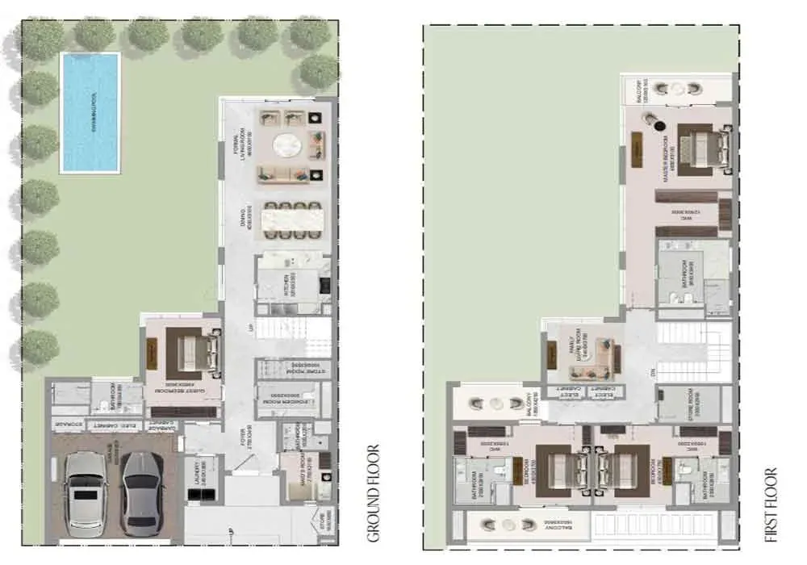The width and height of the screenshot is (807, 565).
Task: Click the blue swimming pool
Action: [x=90, y=112]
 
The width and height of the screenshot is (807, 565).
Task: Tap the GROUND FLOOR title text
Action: [x=374, y=493]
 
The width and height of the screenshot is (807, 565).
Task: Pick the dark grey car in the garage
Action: [x=143, y=493]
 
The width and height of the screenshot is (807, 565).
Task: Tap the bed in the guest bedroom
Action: [x=194, y=352]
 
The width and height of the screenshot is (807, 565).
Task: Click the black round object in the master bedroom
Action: [x=659, y=126]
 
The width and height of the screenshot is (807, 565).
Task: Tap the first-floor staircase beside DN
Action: [x=693, y=352]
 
